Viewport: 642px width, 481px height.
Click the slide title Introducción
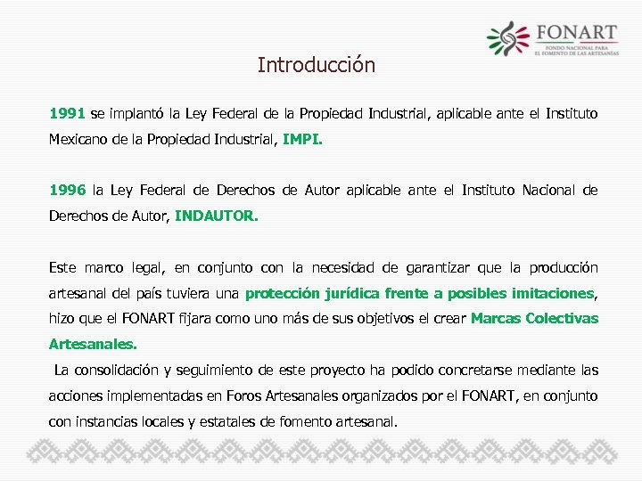(317, 65)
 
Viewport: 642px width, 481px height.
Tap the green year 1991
(67, 114)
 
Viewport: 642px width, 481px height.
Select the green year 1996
(67, 190)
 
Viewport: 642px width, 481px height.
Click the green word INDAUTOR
(217, 216)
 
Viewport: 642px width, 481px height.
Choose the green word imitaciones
(547, 293)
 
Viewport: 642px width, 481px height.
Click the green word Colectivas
(562, 318)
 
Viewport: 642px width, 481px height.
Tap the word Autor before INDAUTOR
(148, 216)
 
